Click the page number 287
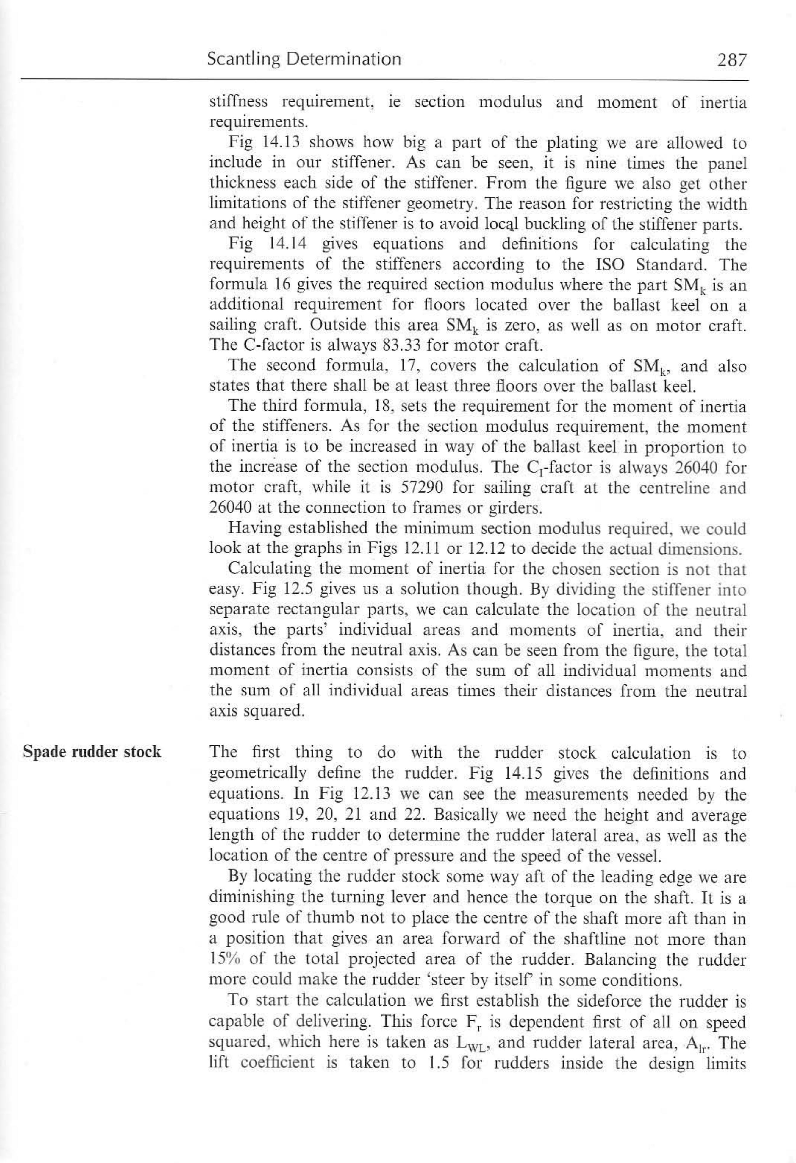(731, 60)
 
